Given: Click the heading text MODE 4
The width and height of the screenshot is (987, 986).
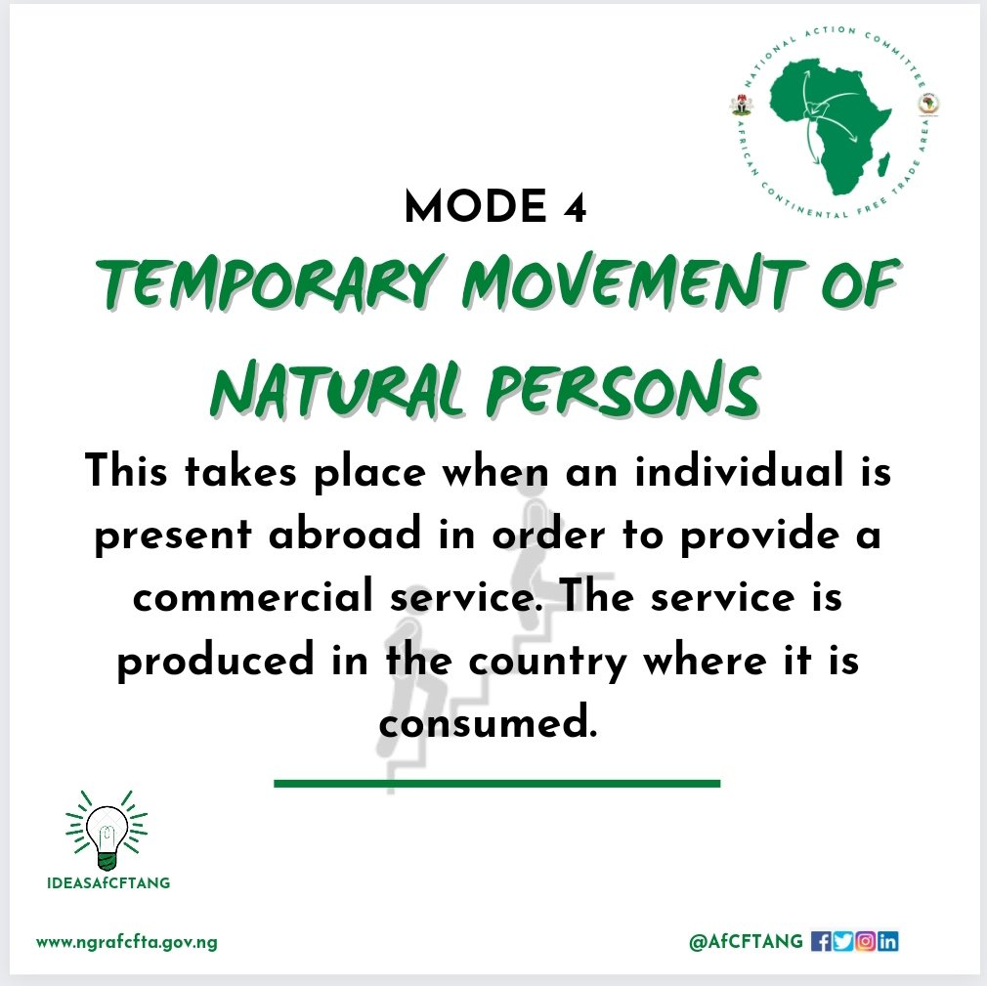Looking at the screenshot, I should coord(494,208).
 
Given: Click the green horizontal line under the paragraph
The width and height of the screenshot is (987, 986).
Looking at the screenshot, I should coord(496,783).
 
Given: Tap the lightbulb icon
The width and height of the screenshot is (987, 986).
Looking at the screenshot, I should coord(106,833).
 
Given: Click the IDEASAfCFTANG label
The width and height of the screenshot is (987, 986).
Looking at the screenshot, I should coord(107,883).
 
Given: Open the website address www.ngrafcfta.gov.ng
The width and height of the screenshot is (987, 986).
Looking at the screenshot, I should coord(126,943).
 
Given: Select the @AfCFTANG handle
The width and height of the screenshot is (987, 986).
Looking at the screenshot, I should coord(746,942).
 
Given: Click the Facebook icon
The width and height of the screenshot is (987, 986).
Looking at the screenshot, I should coord(821,942).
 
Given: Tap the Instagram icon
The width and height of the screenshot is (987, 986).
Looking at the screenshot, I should coord(865,942).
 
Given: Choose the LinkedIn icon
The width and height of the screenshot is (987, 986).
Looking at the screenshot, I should coord(887,942).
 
